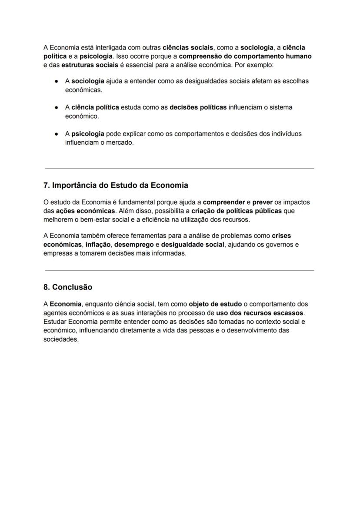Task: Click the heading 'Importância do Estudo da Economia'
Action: click(x=120, y=185)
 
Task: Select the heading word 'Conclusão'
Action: click(x=72, y=287)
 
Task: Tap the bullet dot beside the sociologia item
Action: click(x=57, y=81)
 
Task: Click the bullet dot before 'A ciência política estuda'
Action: click(x=57, y=107)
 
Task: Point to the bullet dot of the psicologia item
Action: click(x=57, y=134)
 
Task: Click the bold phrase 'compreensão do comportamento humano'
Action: click(x=245, y=56)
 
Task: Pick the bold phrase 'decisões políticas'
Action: click(x=198, y=107)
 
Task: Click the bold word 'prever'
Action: click(x=262, y=202)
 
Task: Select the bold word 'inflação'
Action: click(x=98, y=245)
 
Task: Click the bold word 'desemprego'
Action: click(x=133, y=245)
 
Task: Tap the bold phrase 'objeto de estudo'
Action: click(x=215, y=304)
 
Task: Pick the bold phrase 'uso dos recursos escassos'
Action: click(x=260, y=313)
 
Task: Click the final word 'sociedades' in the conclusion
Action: click(x=60, y=339)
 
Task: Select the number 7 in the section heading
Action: click(x=46, y=185)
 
